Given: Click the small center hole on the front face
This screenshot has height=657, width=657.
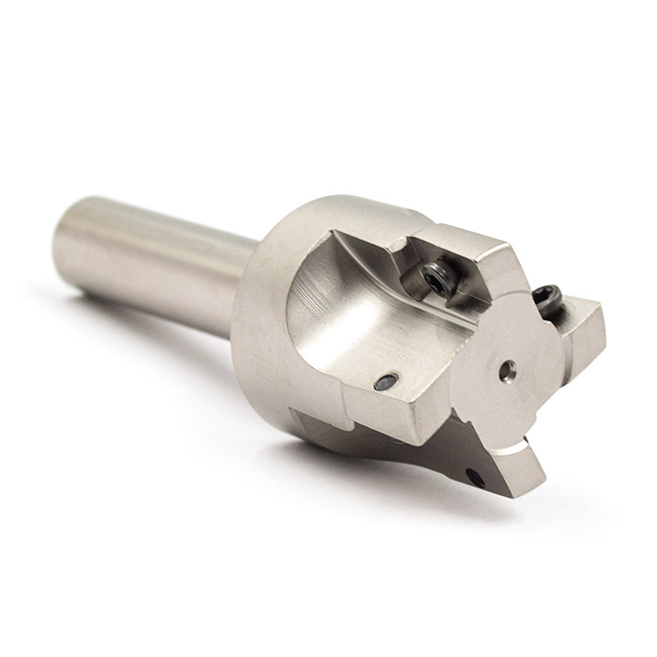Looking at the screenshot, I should point(507,368).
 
